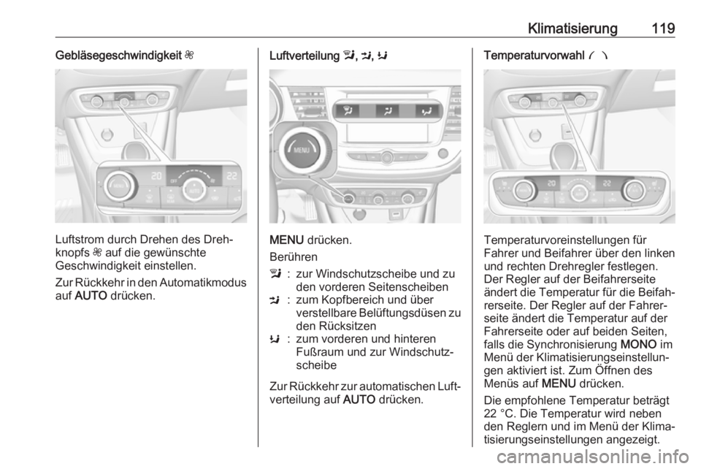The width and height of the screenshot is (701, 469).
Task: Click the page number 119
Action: click(x=663, y=28)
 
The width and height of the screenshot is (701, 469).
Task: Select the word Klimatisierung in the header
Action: click(x=572, y=28)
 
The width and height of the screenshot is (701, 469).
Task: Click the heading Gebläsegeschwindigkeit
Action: click(x=118, y=56)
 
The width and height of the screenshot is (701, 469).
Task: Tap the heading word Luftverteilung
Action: click(x=304, y=56)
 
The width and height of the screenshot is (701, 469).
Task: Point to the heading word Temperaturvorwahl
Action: click(x=534, y=56)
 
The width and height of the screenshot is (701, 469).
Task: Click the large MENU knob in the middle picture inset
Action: click(x=302, y=150)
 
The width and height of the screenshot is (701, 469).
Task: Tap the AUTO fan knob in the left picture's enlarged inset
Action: click(x=194, y=189)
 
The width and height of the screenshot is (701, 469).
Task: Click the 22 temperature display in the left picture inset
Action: click(x=231, y=176)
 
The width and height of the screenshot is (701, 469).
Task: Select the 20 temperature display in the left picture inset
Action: click(x=156, y=176)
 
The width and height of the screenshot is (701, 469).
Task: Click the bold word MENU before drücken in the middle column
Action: click(x=286, y=240)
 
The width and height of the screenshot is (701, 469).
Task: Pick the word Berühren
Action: click(x=294, y=257)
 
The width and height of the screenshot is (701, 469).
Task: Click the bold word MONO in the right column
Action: click(x=638, y=345)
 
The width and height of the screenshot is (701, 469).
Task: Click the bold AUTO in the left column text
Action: click(x=91, y=296)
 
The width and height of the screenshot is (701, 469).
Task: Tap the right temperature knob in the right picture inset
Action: click(x=634, y=189)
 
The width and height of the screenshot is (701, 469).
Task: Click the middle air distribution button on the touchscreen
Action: click(x=387, y=111)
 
